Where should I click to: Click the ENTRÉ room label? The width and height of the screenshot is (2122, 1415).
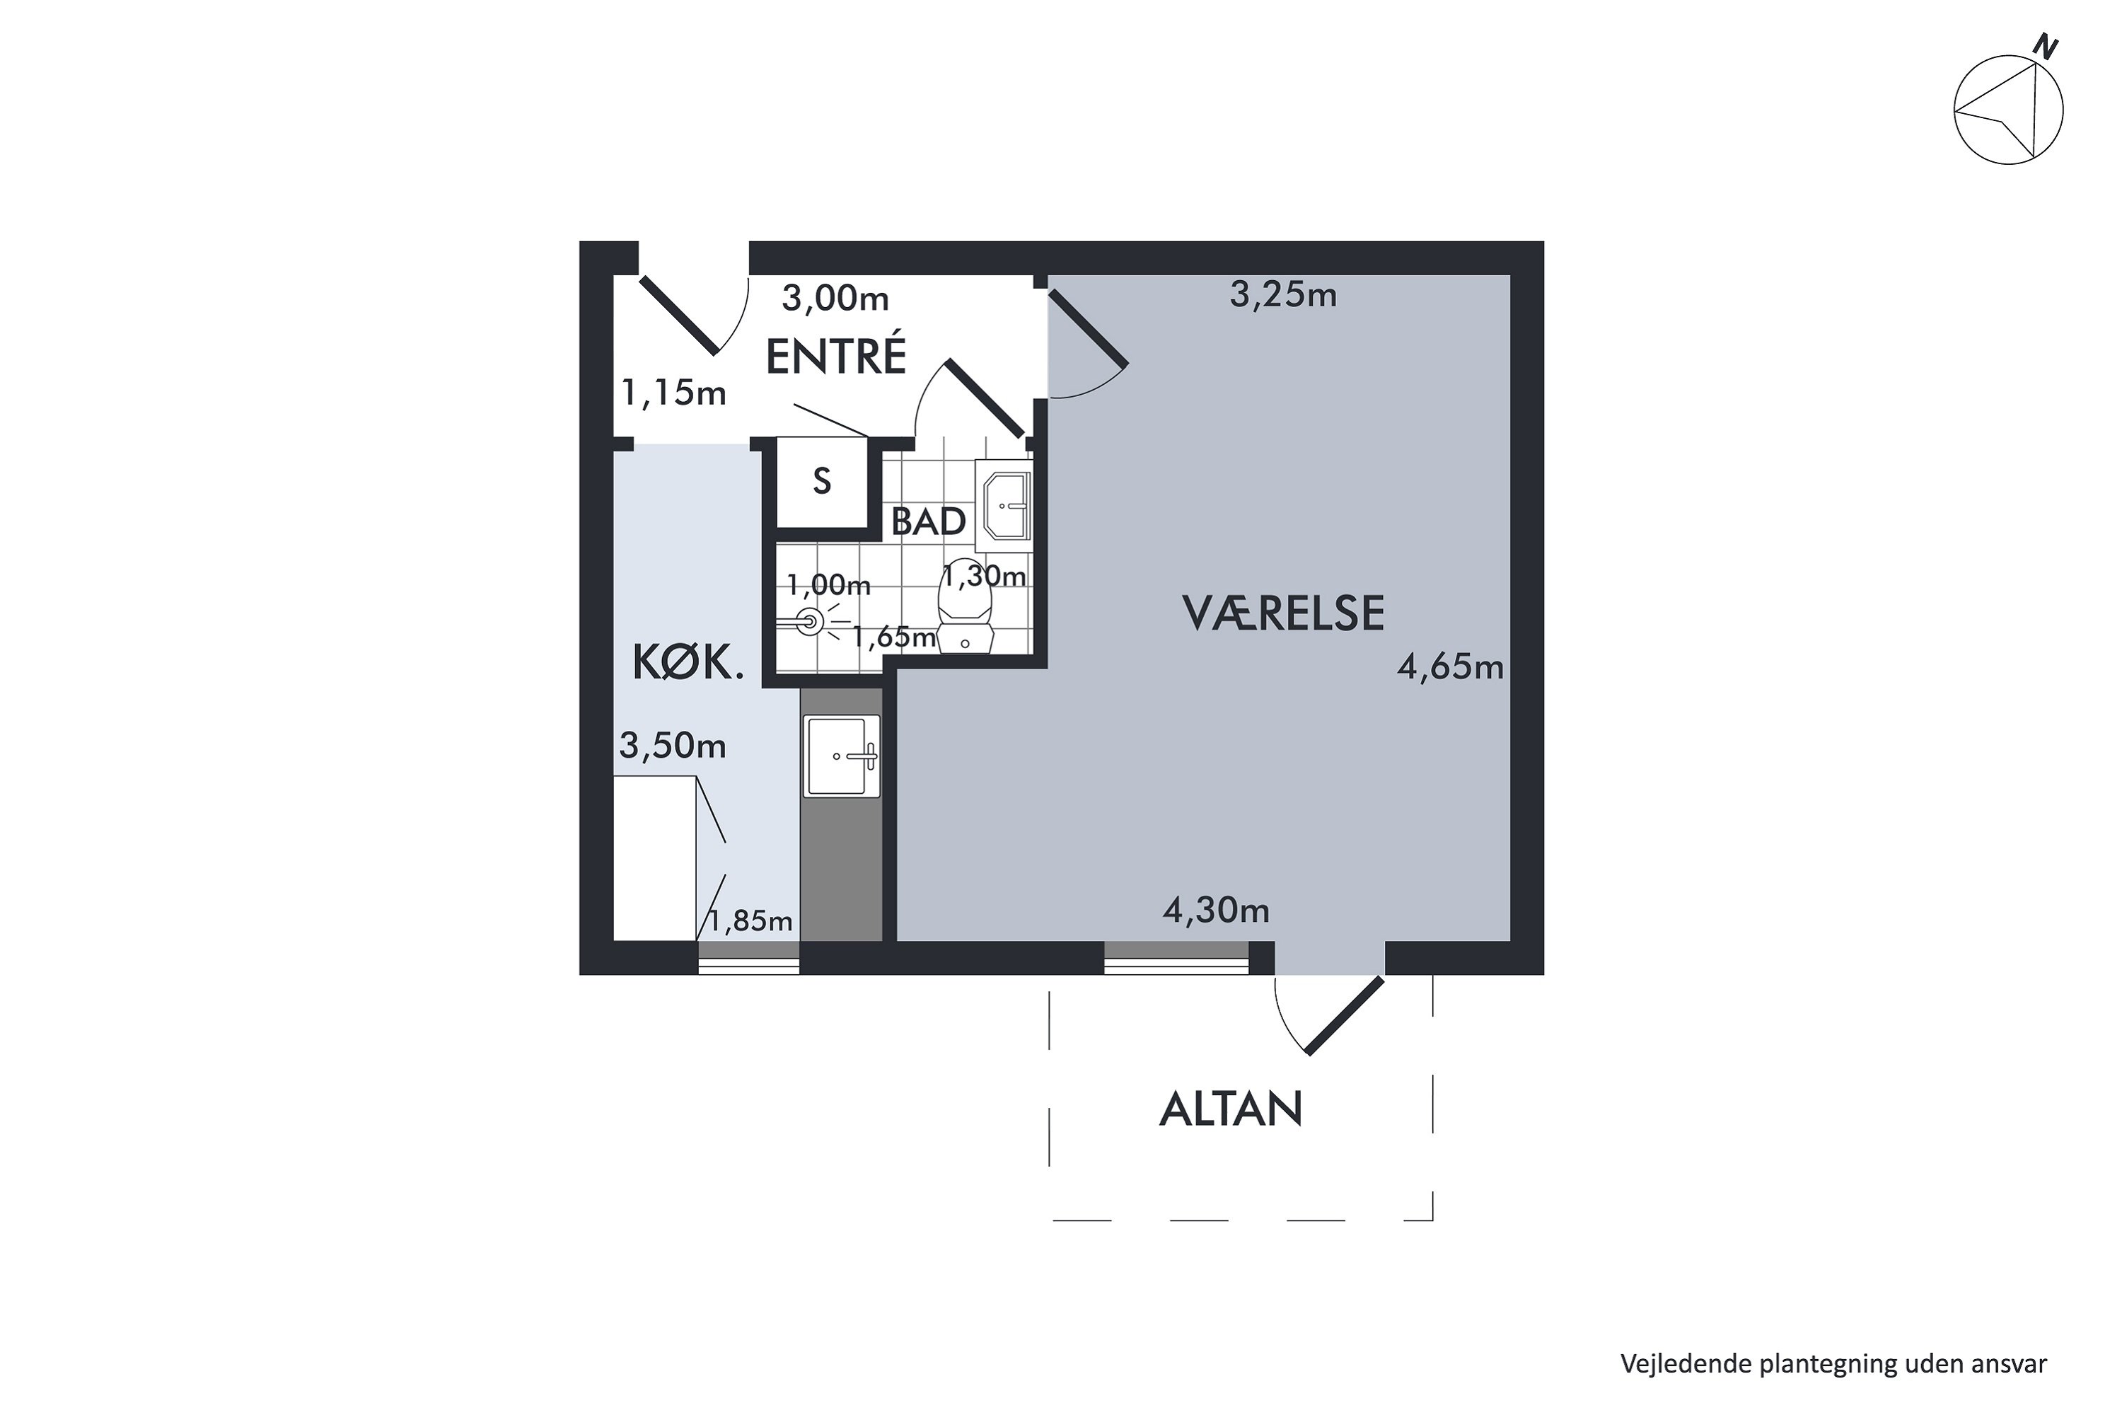tap(835, 357)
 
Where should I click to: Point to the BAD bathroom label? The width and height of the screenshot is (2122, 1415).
tap(928, 521)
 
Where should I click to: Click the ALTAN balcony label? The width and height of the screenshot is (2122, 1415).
tap(1231, 1109)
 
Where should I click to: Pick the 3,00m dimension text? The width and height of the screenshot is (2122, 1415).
tap(835, 299)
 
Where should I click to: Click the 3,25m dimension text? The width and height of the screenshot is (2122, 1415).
tap(1283, 295)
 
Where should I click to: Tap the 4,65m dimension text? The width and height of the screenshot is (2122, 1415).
tap(1450, 667)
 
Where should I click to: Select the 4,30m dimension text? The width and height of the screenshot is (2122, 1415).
tap(1215, 911)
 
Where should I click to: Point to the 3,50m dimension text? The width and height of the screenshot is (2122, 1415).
tap(672, 746)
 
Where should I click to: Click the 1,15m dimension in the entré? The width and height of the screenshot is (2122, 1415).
tap(673, 393)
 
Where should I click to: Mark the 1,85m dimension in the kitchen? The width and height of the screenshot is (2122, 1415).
tap(750, 920)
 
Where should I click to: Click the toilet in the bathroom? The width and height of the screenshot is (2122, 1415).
tap(966, 613)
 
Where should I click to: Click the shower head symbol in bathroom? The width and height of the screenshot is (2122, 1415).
tap(809, 621)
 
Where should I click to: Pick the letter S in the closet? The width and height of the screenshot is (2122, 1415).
tap(821, 482)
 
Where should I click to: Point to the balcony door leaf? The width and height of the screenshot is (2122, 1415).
tap(1345, 1015)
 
